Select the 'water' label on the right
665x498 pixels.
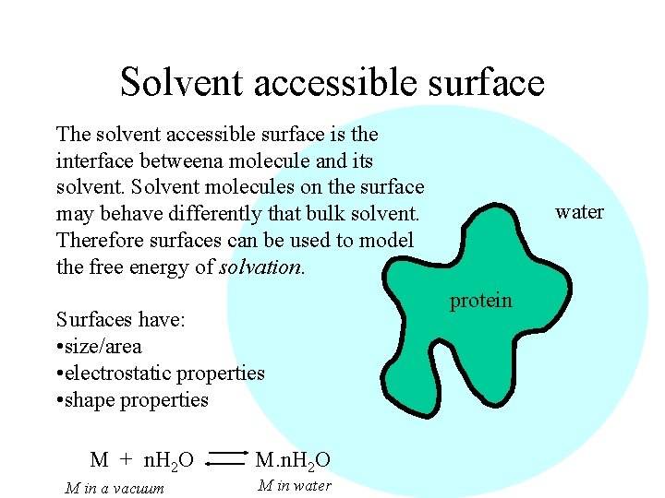pos(579,212)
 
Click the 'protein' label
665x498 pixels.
pos(481,301)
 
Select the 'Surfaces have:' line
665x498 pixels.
pos(121,320)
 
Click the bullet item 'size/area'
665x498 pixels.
pos(103,347)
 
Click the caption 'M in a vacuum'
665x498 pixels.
pos(115,488)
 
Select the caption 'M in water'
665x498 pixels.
pos(294,486)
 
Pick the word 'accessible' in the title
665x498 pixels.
pos(335,82)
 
